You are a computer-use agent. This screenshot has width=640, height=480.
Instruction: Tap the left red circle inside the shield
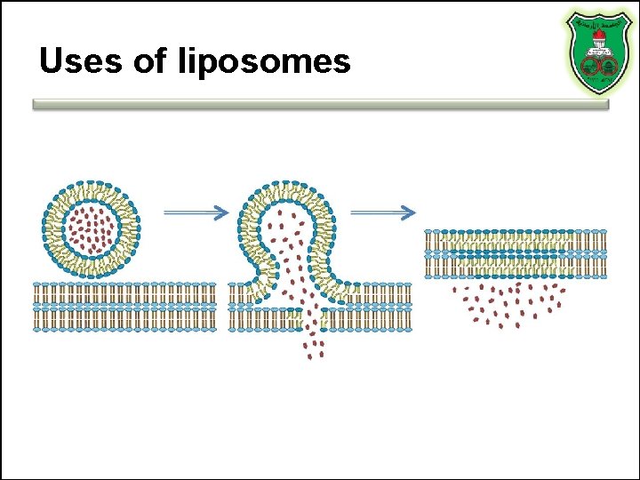[x=590, y=65]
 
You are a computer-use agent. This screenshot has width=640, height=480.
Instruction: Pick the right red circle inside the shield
[x=607, y=65]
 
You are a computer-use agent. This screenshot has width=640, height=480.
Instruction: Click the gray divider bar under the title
[x=320, y=104]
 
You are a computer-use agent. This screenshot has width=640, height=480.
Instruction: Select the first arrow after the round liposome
[x=196, y=212]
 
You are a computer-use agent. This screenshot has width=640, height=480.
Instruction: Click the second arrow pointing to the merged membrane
[x=383, y=212]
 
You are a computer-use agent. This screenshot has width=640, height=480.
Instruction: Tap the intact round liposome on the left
[x=90, y=228]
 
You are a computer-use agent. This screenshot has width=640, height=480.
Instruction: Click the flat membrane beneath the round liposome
[x=125, y=306]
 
